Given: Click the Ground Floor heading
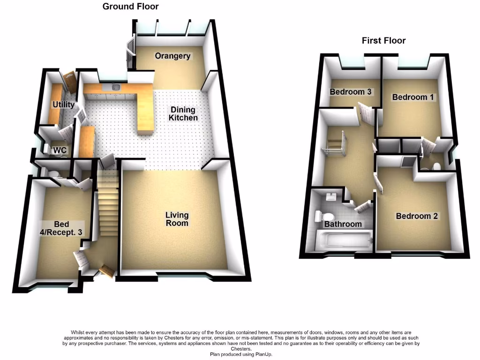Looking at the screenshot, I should pos(130,7).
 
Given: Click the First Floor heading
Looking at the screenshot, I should pos(383,41).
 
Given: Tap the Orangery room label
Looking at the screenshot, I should pos(172,56).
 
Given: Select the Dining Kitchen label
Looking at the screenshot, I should pos(183,114).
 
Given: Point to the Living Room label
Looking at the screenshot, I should pos(177,219).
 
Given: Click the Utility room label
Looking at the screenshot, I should pos(63,105).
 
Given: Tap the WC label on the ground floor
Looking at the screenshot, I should pos(59,150).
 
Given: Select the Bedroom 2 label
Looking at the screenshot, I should pos(417,216).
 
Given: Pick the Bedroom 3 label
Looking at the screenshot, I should pos(351,92).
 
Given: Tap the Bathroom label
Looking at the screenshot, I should pos(343,224).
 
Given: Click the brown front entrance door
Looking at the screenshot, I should pos(106,270).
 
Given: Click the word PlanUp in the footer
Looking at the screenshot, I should pos(261,355).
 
